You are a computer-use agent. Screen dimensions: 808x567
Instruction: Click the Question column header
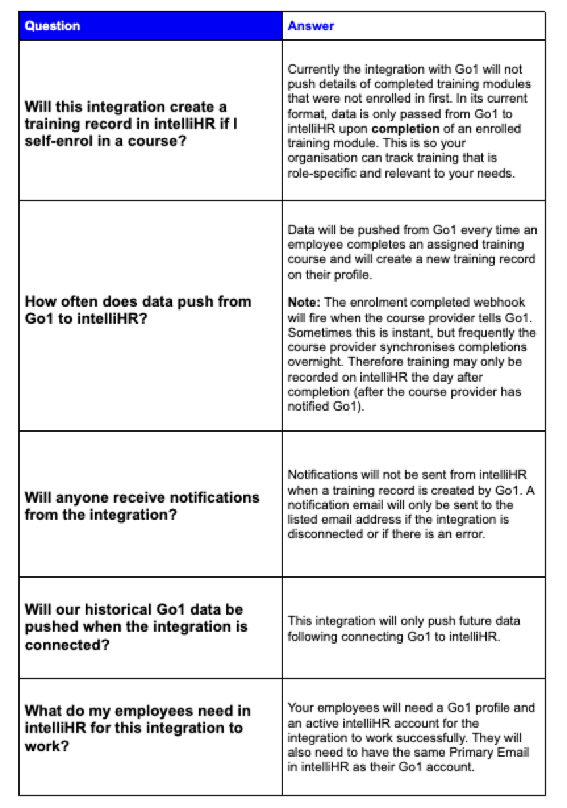[53, 26]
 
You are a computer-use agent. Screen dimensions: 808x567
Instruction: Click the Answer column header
[310, 26]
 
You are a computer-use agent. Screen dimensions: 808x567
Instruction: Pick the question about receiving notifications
[141, 505]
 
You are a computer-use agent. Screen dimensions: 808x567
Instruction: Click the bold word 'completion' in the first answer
[401, 129]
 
